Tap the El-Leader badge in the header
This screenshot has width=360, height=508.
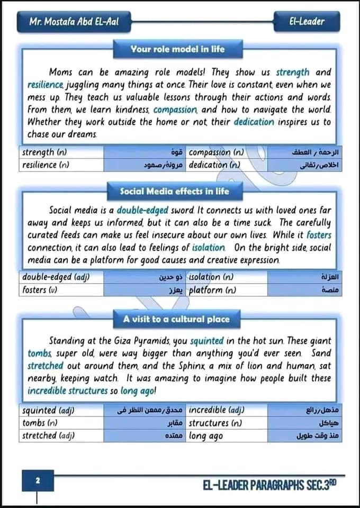click(307, 22)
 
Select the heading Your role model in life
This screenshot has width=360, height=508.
click(178, 49)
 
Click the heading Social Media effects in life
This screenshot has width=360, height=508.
click(175, 190)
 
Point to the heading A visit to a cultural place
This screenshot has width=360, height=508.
click(176, 319)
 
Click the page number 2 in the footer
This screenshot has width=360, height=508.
click(38, 480)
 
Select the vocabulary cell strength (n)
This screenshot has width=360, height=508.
click(44, 152)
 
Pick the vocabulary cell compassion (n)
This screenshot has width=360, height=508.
click(217, 152)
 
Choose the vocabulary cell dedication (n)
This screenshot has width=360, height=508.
click(214, 165)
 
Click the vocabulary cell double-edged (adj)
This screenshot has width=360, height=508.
click(56, 277)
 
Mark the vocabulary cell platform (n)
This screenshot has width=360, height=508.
click(212, 289)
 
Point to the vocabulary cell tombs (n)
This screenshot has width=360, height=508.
click(40, 423)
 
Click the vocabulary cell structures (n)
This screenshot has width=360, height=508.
click(215, 423)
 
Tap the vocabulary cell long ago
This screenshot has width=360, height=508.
click(206, 436)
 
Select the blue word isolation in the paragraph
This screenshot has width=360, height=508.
click(209, 248)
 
